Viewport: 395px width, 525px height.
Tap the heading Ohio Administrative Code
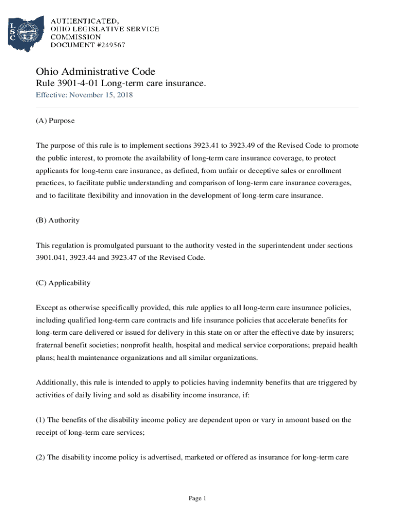(x=95, y=71)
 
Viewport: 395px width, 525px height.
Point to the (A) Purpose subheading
(x=55, y=120)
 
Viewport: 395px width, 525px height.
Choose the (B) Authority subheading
(x=57, y=220)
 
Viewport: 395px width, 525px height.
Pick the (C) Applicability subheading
(x=63, y=282)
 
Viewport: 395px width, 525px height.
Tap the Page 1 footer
(x=197, y=498)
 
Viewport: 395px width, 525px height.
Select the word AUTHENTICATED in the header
(x=84, y=21)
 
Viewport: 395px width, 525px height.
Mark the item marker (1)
(x=41, y=420)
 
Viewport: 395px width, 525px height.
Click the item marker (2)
(x=41, y=457)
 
